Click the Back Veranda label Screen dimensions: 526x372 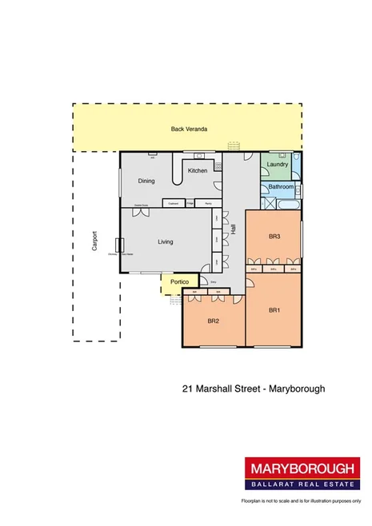[189, 130]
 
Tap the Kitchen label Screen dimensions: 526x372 [198, 170]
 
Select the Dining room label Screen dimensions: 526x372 [146, 181]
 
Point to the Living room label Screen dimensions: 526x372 [166, 241]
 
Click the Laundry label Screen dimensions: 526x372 [278, 165]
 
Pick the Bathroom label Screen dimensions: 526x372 [281, 187]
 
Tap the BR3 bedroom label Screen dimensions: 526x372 [274, 236]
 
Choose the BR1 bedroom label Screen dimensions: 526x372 [274, 309]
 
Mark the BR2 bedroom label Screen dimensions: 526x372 [214, 321]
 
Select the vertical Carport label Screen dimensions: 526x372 [94, 241]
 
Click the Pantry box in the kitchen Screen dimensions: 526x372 [209, 203]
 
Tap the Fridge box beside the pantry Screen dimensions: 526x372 [190, 203]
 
